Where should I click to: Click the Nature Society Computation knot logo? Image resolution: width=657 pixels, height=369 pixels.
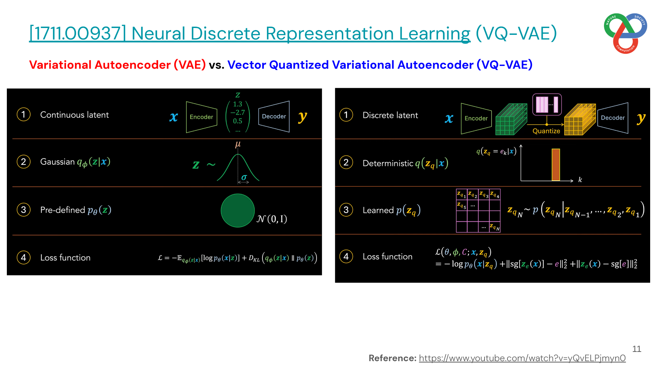pyautogui.click(x=626, y=33)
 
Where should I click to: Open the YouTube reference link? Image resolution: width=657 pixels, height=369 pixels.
pyautogui.click(x=522, y=358)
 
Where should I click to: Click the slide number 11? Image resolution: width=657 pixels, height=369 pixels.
pyautogui.click(x=636, y=349)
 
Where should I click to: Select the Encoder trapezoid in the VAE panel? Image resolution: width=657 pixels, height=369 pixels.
pyautogui.click(x=202, y=117)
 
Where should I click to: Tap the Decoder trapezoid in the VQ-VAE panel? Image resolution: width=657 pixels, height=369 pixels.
pyautogui.click(x=613, y=118)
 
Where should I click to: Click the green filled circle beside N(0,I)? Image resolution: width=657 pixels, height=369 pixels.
pyautogui.click(x=237, y=210)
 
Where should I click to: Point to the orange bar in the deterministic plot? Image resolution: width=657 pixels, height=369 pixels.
pyautogui.click(x=556, y=165)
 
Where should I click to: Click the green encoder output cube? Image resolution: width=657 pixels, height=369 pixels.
pyautogui.click(x=511, y=119)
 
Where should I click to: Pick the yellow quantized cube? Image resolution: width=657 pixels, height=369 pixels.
pyautogui.click(x=580, y=119)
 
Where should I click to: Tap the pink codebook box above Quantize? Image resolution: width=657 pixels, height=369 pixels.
pyautogui.click(x=547, y=104)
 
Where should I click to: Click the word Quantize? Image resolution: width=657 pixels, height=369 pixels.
pyautogui.click(x=546, y=131)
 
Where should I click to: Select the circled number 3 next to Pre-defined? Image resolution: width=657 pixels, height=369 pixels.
pyautogui.click(x=23, y=209)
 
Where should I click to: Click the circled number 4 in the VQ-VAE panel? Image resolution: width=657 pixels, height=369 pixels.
pyautogui.click(x=346, y=256)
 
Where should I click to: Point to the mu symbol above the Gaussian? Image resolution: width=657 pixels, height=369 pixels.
pyautogui.click(x=238, y=145)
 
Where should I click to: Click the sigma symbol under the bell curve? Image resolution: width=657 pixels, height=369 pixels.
pyautogui.click(x=244, y=177)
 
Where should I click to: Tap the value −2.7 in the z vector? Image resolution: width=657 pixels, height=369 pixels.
pyautogui.click(x=237, y=112)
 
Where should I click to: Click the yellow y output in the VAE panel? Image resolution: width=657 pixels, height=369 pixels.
pyautogui.click(x=302, y=117)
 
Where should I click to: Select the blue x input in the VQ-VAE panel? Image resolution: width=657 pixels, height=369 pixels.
pyautogui.click(x=449, y=119)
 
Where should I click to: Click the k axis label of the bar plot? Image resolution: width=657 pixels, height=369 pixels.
pyautogui.click(x=580, y=180)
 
